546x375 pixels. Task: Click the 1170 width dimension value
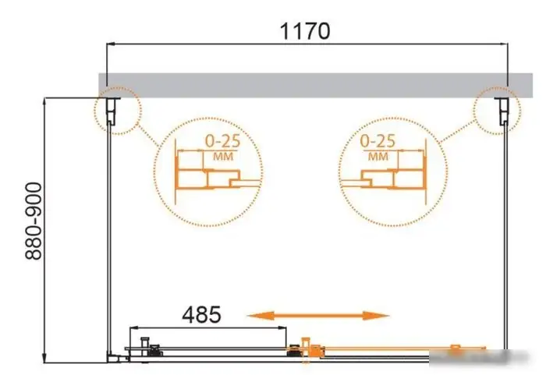pyautogui.click(x=305, y=31)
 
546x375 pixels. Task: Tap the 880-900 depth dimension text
pyautogui.click(x=34, y=221)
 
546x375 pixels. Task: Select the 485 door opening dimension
pyautogui.click(x=201, y=314)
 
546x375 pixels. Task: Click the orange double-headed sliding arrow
pyautogui.click(x=318, y=316)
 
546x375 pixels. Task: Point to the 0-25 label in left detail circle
pyautogui.click(x=223, y=141)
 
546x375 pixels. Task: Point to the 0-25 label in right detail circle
pyautogui.click(x=378, y=141)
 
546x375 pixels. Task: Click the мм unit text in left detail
pyautogui.click(x=223, y=157)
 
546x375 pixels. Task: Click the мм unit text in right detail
pyautogui.click(x=378, y=157)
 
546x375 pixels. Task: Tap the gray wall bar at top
pyautogui.click(x=315, y=85)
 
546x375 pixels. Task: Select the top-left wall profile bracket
pyautogui.click(x=112, y=111)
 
